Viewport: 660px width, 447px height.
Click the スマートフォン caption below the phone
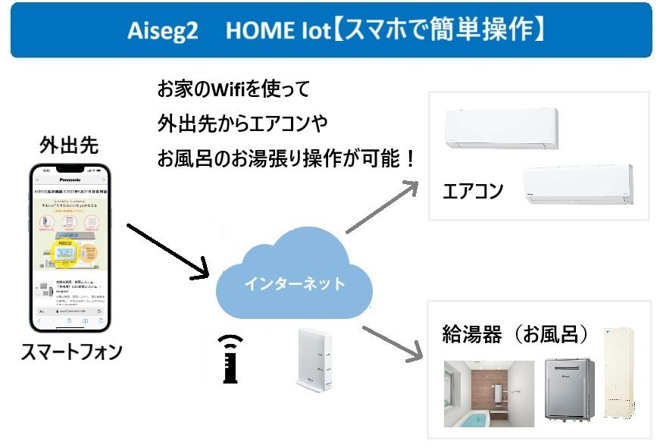click(x=72, y=353)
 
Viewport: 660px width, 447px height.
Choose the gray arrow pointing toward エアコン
click(x=382, y=205)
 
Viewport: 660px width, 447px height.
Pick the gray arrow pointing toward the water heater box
click(x=393, y=342)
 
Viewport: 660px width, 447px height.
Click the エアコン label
click(x=473, y=191)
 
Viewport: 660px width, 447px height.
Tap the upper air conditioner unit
click(x=501, y=130)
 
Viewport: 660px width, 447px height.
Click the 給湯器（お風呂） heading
click(x=515, y=334)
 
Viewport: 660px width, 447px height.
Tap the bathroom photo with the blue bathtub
click(x=489, y=393)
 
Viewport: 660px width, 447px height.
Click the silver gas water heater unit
click(x=569, y=389)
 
